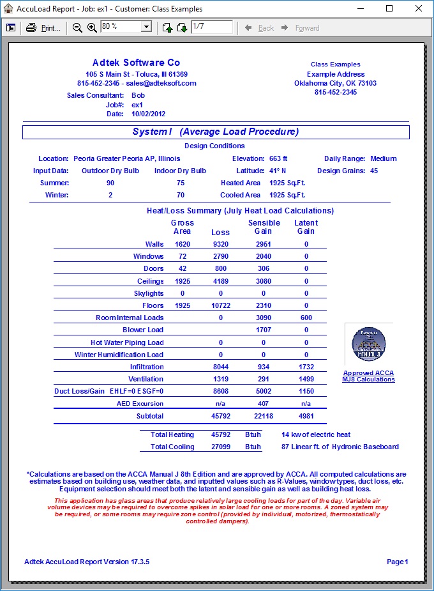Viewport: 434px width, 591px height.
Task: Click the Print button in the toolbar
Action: tap(43, 27)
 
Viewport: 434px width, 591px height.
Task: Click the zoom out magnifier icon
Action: tap(77, 27)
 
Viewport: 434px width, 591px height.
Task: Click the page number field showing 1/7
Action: tap(211, 27)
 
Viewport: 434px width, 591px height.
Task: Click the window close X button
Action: tap(419, 9)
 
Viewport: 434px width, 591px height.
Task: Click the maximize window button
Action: tap(389, 9)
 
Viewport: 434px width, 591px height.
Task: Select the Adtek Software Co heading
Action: tap(136, 63)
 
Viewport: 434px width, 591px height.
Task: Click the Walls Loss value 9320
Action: tap(220, 244)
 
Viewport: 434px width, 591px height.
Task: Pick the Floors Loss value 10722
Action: tap(220, 305)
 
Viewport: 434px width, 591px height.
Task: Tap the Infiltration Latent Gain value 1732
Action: tap(306, 367)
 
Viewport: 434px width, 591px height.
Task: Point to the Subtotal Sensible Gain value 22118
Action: tap(263, 416)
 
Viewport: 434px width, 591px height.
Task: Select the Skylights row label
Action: tap(149, 293)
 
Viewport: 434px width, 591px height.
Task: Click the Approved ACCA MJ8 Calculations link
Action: tap(368, 376)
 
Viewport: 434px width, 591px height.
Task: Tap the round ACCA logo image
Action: tap(369, 344)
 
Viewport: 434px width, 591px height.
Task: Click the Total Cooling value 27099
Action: tap(220, 447)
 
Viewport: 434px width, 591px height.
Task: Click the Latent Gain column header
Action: tap(306, 227)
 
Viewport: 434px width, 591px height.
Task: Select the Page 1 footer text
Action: tap(397, 562)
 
